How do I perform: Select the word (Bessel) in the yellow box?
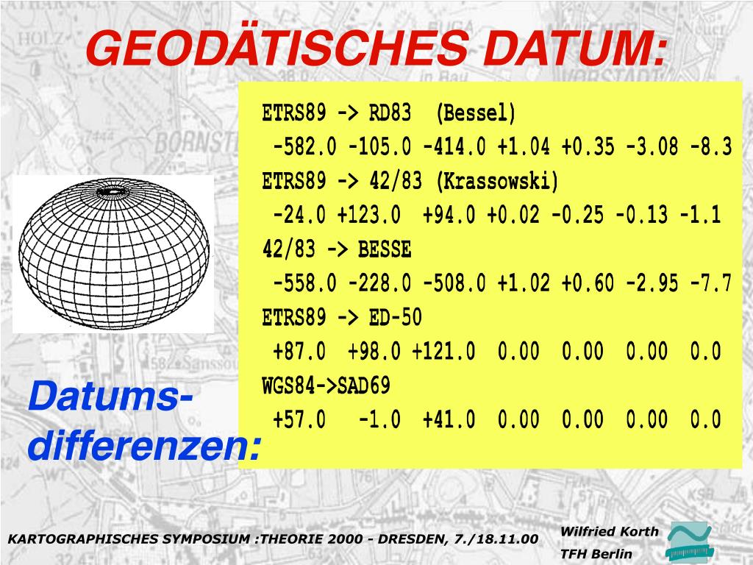point(476,114)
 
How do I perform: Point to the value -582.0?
point(304,148)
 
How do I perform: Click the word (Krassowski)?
point(496,182)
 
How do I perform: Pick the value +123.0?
point(368,216)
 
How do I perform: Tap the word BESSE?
point(385,250)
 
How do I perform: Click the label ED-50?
point(396,318)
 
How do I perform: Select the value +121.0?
point(443,352)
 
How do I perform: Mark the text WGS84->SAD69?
point(326,385)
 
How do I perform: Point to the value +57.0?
point(299,420)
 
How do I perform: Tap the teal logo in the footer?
point(688,543)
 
